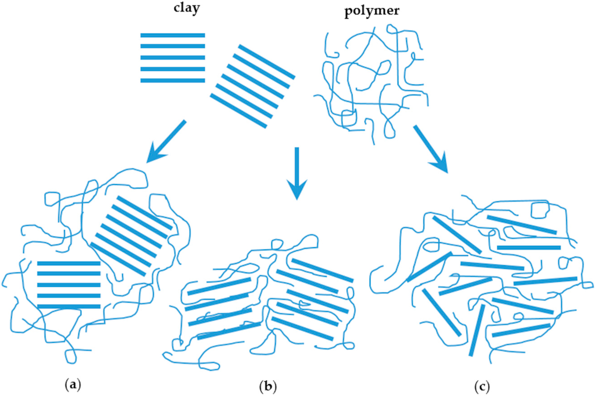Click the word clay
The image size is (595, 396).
pos(187,9)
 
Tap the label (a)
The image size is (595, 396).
pos(73,385)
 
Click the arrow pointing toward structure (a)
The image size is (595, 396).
pos(167,141)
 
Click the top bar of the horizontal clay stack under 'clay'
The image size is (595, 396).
pos(173,35)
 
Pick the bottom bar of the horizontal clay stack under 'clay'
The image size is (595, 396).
pos(173,81)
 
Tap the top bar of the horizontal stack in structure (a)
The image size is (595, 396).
pos(69,263)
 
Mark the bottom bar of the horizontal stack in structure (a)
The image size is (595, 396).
pos(69,306)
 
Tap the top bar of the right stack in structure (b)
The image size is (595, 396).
pos(322,270)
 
